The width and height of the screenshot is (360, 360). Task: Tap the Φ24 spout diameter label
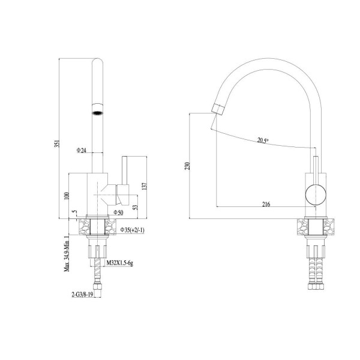pyautogui.click(x=81, y=151)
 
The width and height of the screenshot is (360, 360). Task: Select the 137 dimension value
pyautogui.click(x=144, y=186)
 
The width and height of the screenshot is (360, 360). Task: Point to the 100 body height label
pyautogui.click(x=67, y=196)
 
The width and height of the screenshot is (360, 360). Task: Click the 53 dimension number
pyautogui.click(x=136, y=208)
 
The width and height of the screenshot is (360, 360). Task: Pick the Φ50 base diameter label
pyautogui.click(x=118, y=212)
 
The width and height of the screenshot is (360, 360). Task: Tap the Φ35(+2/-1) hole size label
pyautogui.click(x=133, y=230)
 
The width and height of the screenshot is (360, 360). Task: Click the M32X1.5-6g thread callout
pyautogui.click(x=119, y=263)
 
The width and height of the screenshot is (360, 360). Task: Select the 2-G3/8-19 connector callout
pyautogui.click(x=82, y=295)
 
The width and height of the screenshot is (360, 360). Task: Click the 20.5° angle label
pyautogui.click(x=263, y=140)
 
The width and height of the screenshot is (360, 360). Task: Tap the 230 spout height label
pyautogui.click(x=187, y=166)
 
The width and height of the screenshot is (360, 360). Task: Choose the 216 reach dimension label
pyautogui.click(x=266, y=204)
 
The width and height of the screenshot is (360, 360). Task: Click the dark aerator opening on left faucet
pyautogui.click(x=97, y=113)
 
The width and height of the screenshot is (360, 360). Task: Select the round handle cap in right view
pyautogui.click(x=316, y=194)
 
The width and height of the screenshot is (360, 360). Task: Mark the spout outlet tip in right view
pyautogui.click(x=217, y=109)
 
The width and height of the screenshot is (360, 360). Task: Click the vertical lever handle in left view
pyautogui.click(x=125, y=170)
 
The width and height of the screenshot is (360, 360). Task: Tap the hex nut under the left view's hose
pyautogui.click(x=97, y=287)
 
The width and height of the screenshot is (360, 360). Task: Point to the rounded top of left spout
pyautogui.click(x=97, y=61)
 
